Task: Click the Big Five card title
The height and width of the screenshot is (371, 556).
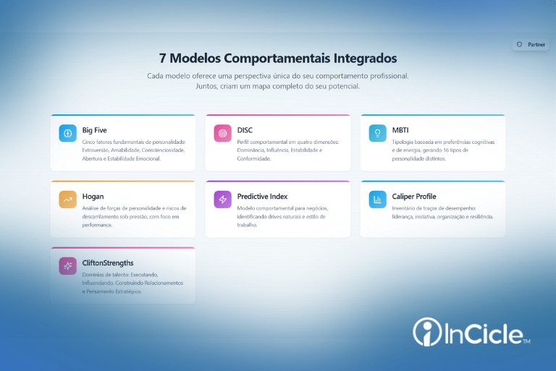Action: pyautogui.click(x=96, y=130)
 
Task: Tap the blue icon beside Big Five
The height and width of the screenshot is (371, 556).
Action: pyautogui.click(x=67, y=133)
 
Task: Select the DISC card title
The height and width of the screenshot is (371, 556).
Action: pyautogui.click(x=245, y=130)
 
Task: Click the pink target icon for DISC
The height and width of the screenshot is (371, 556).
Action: pyautogui.click(x=222, y=133)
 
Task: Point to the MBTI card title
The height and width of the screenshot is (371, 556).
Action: pyautogui.click(x=400, y=130)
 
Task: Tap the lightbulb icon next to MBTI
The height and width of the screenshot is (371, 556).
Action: pyautogui.click(x=377, y=133)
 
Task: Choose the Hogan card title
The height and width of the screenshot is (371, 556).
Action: pyautogui.click(x=93, y=196)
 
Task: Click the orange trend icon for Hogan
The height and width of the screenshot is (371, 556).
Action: pyautogui.click(x=67, y=200)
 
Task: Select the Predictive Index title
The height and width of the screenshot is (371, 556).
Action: pyautogui.click(x=262, y=196)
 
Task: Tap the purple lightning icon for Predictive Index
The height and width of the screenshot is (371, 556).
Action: pyautogui.click(x=222, y=200)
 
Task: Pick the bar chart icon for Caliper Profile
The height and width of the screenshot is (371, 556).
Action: pyautogui.click(x=377, y=200)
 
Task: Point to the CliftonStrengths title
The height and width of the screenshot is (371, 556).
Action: pyautogui.click(x=108, y=263)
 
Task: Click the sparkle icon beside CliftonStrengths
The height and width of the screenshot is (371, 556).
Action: pyautogui.click(x=67, y=266)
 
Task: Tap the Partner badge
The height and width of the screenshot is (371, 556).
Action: pyautogui.click(x=531, y=45)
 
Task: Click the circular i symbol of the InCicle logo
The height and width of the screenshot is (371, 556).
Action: pyautogui.click(x=426, y=332)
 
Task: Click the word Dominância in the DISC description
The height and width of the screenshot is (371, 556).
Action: pyautogui.click(x=252, y=150)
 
